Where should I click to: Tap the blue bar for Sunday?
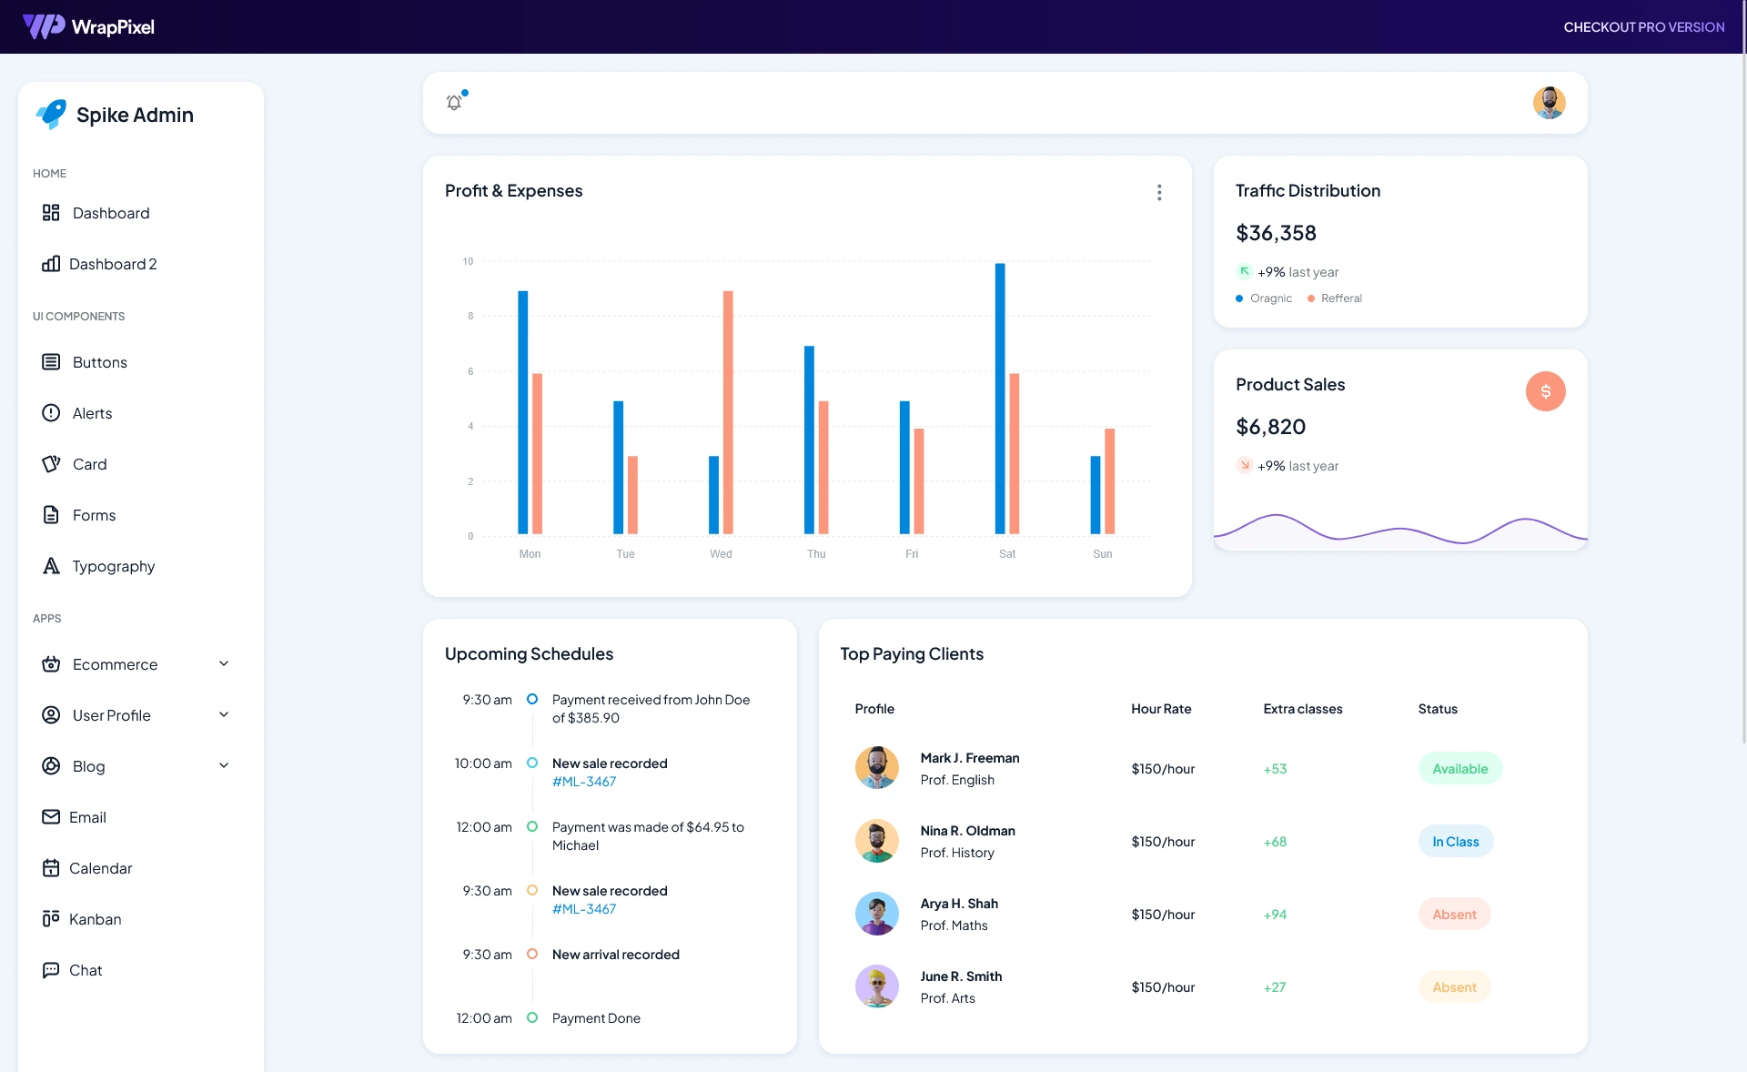[1096, 495]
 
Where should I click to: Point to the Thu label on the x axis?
[816, 554]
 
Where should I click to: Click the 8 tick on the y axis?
[470, 317]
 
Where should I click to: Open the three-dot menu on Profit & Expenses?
[1159, 192]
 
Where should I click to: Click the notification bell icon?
[454, 103]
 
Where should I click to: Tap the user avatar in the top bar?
[1549, 103]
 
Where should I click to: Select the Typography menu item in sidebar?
[113, 566]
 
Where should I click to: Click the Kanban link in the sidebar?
[95, 919]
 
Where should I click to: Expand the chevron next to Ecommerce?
[224, 664]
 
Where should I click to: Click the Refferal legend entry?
[1340, 298]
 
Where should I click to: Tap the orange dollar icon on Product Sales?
[1545, 391]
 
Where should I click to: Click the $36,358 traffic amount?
[1276, 233]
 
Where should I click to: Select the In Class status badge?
[1455, 842]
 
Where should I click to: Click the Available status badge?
[1459, 769]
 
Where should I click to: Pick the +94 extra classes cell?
[1275, 915]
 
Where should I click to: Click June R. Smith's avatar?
[876, 986]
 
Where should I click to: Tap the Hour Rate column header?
[1160, 709]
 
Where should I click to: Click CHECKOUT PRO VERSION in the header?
[1643, 27]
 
